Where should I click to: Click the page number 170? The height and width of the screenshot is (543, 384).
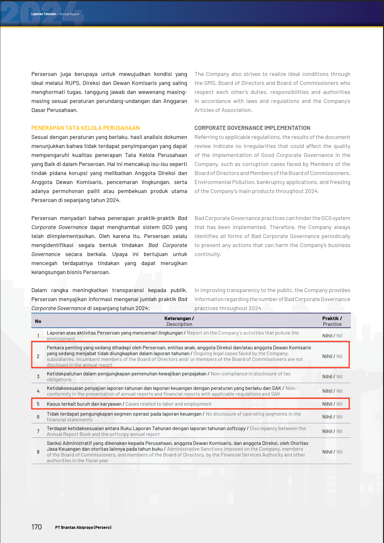coord(37,527)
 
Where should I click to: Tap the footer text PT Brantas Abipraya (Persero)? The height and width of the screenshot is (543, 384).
coord(83,527)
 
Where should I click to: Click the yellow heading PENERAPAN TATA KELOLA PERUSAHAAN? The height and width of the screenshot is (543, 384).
coord(86,128)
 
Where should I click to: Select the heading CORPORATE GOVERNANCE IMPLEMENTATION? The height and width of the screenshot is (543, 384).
coord(252,128)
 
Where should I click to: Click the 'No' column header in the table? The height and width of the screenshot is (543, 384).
coord(38,321)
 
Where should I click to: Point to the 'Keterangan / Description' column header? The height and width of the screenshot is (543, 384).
coord(179,321)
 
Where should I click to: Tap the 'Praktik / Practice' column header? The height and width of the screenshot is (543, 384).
coord(332,321)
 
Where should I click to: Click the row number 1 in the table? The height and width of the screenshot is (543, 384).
coord(38,336)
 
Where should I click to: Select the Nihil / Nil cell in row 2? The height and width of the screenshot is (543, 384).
coord(332,356)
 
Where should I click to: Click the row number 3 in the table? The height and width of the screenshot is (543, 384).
coord(38,376)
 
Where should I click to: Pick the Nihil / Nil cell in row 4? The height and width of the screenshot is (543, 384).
coord(332,391)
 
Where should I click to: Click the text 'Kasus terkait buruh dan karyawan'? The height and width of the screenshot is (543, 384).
coord(84,404)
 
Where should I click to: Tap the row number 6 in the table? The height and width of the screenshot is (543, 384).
coord(38,417)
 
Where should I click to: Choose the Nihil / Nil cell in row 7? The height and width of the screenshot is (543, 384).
coord(332,431)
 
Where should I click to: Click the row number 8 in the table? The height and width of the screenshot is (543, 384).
coord(38,452)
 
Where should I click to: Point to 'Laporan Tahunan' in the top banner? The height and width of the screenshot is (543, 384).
coord(43,14)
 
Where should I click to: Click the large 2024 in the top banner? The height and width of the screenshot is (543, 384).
coord(42,14)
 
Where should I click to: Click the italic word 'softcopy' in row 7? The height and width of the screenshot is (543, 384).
coord(236,428)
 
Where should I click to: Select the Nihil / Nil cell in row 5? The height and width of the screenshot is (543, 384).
coord(332,404)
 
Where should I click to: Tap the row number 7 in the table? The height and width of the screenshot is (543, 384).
coord(38,431)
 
